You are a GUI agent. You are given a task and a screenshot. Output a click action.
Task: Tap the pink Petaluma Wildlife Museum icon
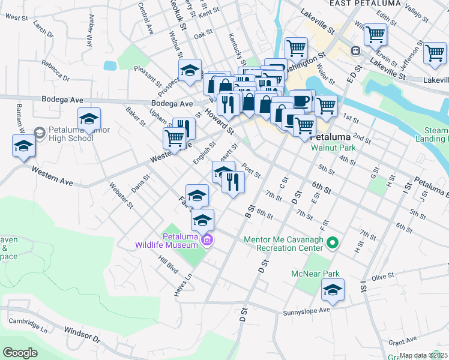[x=208, y=241]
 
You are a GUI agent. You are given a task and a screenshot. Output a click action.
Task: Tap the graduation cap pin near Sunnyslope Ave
[x=332, y=291]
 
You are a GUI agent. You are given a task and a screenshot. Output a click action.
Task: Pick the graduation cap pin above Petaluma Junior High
[x=89, y=119]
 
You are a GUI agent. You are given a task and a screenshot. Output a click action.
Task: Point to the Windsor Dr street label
[x=81, y=332]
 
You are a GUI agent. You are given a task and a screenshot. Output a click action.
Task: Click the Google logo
[x=20, y=353]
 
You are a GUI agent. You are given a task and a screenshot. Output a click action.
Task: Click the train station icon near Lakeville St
[x=355, y=52]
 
